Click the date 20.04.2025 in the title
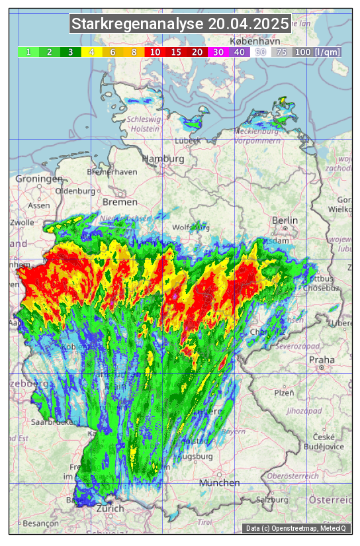click(x=248, y=24)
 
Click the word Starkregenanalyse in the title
click(x=138, y=24)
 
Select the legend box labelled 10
click(x=156, y=52)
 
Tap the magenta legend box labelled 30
click(x=218, y=52)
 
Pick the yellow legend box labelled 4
click(x=92, y=52)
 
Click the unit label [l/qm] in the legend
click(x=328, y=52)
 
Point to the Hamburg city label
click(x=163, y=159)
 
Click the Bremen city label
click(x=120, y=202)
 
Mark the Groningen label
click(x=38, y=179)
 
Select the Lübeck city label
click(x=188, y=141)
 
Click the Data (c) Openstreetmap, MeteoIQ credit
click(x=297, y=528)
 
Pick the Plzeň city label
click(x=284, y=392)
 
